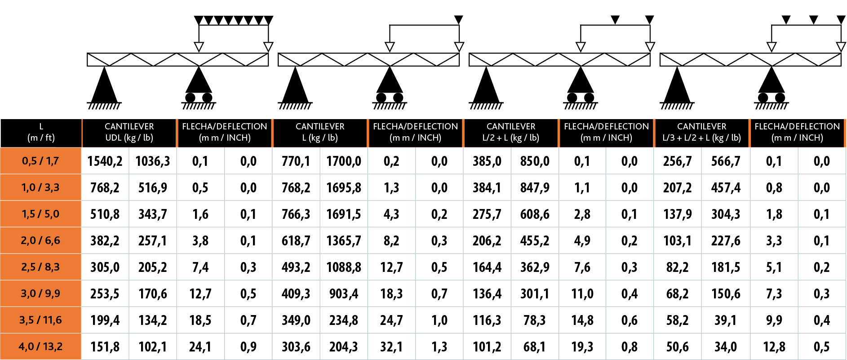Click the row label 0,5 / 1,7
(x=40, y=161)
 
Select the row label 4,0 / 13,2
(x=40, y=347)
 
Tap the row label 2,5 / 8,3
(x=40, y=267)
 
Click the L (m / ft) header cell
(x=41, y=132)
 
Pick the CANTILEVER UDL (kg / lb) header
(x=129, y=132)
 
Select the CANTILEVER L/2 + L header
(x=510, y=132)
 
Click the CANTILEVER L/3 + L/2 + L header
(x=701, y=132)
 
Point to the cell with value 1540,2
(x=105, y=161)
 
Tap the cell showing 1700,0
(x=344, y=161)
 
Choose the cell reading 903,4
(x=344, y=294)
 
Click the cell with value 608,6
(x=535, y=214)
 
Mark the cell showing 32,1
(x=391, y=347)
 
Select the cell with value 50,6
(x=677, y=347)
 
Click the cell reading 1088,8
(x=344, y=267)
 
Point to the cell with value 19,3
(x=582, y=347)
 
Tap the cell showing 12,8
(x=774, y=347)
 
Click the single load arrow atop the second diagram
(x=458, y=20)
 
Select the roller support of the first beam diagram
(x=199, y=88)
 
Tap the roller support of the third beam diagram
(x=581, y=88)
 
